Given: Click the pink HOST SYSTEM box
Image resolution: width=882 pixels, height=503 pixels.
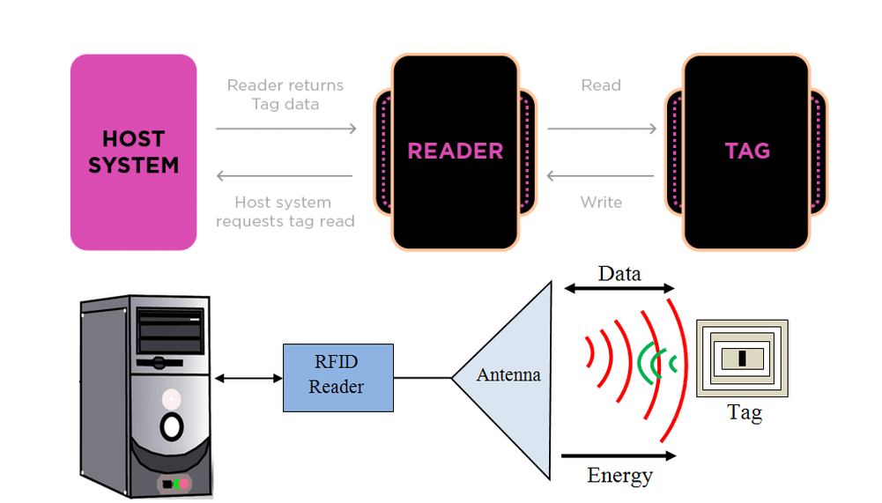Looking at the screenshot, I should click(133, 152).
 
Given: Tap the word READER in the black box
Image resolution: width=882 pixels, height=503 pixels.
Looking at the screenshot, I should click(455, 151).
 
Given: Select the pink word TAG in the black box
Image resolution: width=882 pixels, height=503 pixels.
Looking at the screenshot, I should click(747, 151).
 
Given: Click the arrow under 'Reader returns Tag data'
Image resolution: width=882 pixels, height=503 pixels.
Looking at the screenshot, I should click(285, 129).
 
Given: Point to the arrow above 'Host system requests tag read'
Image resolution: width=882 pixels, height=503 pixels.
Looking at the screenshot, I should click(285, 176).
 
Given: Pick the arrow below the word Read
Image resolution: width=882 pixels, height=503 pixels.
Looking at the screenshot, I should click(602, 129).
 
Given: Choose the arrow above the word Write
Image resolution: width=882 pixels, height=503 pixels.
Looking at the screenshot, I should click(602, 176).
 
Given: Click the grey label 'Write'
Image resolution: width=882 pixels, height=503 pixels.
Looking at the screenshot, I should click(601, 203).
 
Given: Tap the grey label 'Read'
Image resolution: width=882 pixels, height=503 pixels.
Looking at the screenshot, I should click(601, 85).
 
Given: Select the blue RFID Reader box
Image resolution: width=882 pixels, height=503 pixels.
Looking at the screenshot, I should click(338, 378).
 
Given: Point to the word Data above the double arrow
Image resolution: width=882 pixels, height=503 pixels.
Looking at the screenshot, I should click(619, 273).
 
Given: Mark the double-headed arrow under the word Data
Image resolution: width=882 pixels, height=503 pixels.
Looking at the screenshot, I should click(619, 288).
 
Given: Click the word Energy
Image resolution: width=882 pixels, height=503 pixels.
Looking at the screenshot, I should click(619, 476).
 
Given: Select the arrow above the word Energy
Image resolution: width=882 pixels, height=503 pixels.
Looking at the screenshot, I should click(619, 455).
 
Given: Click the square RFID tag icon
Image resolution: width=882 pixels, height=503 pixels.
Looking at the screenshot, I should click(742, 359).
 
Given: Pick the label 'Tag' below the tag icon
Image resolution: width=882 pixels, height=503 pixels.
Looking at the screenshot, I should click(745, 411).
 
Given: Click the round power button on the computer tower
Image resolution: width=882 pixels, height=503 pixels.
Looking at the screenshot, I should click(171, 426).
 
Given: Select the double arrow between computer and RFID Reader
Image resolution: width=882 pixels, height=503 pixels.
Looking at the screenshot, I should click(248, 378).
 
